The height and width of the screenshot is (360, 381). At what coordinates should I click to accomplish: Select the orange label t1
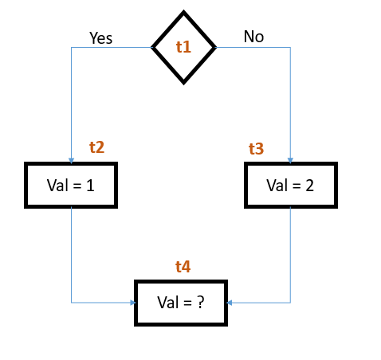(184, 47)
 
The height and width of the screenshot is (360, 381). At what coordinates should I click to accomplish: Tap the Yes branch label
(101, 37)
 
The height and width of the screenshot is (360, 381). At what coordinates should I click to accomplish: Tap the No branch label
(253, 37)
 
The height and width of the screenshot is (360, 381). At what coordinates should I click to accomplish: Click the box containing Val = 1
(71, 186)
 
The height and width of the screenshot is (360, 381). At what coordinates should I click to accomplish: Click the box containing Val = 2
(290, 186)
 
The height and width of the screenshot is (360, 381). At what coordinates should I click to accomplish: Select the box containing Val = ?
(182, 303)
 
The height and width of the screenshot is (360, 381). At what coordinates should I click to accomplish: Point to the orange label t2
(96, 147)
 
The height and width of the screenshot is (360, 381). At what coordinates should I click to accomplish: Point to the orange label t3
(256, 149)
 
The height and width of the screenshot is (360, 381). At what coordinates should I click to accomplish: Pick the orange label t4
(183, 267)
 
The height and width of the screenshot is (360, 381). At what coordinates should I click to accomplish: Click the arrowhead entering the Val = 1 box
(71, 160)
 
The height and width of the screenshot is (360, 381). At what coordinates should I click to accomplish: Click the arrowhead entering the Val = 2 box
(290, 160)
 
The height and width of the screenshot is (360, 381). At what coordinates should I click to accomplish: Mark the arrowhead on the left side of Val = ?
(132, 303)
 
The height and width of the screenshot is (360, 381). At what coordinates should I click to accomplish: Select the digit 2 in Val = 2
(308, 186)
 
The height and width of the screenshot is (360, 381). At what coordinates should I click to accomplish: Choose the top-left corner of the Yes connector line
(72, 48)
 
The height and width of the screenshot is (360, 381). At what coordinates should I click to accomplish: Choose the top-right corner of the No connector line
(290, 48)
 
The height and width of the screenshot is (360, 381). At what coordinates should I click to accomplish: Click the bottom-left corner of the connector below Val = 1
(72, 303)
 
